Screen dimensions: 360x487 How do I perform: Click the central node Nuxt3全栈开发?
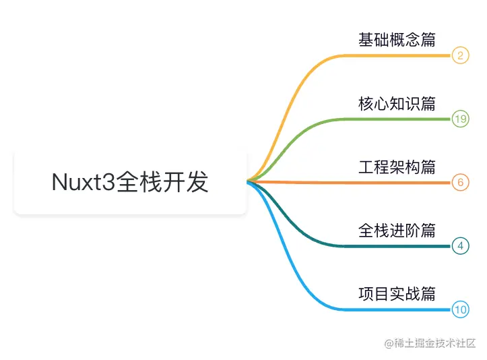[x=130, y=183]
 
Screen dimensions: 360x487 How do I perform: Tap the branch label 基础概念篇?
[x=397, y=39]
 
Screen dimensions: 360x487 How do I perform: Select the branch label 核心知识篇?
[x=397, y=103]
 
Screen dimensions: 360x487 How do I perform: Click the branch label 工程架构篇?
[x=397, y=167]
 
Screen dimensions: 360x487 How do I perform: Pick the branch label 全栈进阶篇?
[x=397, y=231]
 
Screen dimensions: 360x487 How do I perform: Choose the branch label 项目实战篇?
[x=397, y=294]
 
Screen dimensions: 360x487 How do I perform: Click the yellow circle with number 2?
[x=460, y=55]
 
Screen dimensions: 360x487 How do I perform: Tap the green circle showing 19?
[x=460, y=119]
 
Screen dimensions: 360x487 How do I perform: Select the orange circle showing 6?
[x=460, y=183]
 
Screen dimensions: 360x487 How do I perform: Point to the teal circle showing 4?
[x=460, y=246]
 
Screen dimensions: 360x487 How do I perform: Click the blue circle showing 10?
[x=460, y=310]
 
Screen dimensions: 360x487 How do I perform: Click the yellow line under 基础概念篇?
[x=397, y=55]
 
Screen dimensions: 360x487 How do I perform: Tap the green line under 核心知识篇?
[x=397, y=119]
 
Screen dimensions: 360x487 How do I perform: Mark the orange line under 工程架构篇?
[x=397, y=183]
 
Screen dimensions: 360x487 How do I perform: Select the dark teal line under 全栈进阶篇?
[x=397, y=246]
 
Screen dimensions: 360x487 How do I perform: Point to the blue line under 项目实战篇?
[x=397, y=310]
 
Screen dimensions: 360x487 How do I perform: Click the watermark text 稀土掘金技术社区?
[x=436, y=343]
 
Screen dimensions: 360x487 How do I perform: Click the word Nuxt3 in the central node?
[x=84, y=183]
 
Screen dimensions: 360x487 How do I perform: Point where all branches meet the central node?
[x=248, y=181]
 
